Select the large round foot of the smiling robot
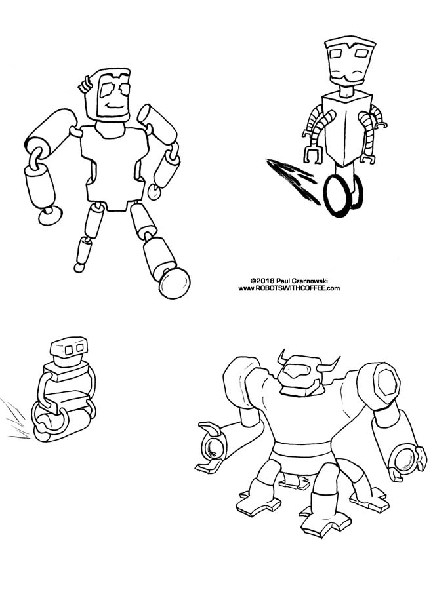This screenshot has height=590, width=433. (x=175, y=283)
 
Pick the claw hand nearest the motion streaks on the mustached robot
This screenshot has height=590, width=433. (x=313, y=155)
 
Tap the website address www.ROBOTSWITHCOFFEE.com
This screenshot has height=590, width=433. (x=289, y=288)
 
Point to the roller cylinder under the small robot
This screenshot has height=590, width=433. (x=62, y=425)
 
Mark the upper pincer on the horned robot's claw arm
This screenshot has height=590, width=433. (x=211, y=428)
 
